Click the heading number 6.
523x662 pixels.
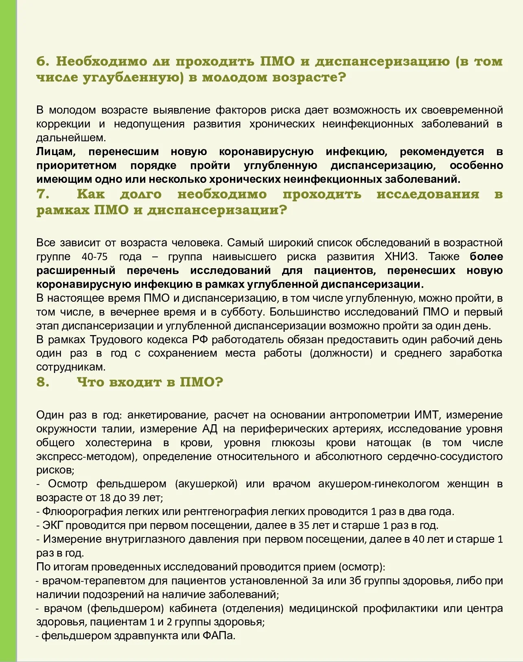click(x=43, y=61)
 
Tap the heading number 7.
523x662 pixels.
click(x=43, y=194)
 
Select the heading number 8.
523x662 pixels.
click(x=43, y=382)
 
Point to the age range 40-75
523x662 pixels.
click(x=94, y=256)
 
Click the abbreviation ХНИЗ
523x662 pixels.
click(x=401, y=256)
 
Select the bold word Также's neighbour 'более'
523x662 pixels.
click(x=486, y=256)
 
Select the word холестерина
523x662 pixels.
click(x=118, y=443)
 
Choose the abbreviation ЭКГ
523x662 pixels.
click(x=53, y=525)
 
